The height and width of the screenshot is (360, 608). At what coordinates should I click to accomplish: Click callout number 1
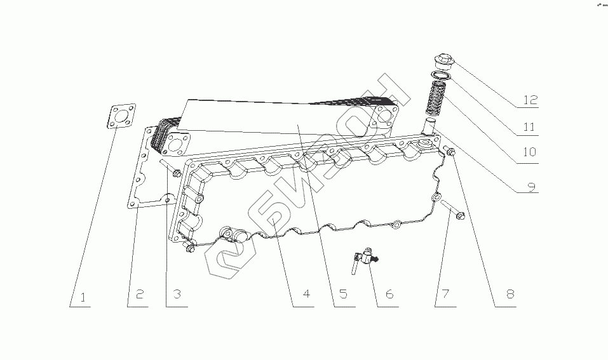tap(83, 295)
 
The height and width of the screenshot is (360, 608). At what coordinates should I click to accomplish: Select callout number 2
tap(140, 295)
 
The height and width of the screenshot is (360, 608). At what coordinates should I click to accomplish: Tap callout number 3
tap(177, 295)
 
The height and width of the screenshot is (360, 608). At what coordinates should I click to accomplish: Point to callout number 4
tap(306, 295)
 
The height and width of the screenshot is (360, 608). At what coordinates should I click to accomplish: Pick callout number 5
tap(342, 295)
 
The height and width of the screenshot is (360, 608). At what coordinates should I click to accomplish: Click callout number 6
tap(389, 295)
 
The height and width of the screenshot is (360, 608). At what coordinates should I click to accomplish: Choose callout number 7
tap(445, 295)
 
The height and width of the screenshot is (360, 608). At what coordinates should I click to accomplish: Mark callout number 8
tap(510, 295)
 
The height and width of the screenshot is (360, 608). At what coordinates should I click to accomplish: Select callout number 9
tap(531, 187)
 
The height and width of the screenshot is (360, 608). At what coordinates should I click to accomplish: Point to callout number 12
tap(530, 100)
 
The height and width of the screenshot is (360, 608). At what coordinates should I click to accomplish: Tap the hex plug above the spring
tap(440, 63)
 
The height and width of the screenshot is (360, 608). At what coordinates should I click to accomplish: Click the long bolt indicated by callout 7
tap(452, 210)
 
